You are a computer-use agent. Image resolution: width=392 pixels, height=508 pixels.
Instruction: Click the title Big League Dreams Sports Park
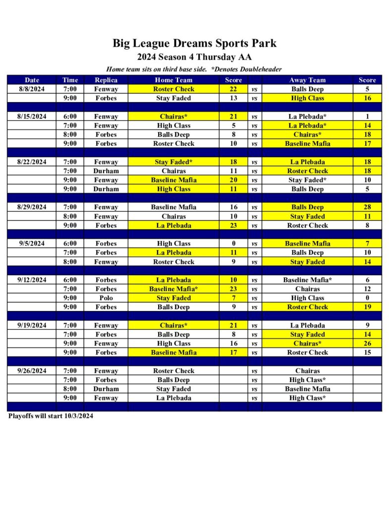tap(194, 43)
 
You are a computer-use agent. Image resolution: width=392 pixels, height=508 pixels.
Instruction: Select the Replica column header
tap(106, 80)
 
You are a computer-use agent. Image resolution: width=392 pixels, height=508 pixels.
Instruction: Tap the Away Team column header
tap(307, 80)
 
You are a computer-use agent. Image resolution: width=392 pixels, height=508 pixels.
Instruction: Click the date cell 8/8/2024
tap(32, 89)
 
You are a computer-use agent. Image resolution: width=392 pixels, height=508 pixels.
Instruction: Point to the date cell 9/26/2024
tap(32, 371)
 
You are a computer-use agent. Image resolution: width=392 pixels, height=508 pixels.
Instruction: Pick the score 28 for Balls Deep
tap(367, 207)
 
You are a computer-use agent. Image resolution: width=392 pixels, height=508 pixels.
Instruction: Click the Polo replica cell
tap(106, 298)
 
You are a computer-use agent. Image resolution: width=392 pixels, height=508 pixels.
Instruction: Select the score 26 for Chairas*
tap(367, 343)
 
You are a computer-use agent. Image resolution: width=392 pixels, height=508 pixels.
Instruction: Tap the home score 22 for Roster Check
tap(233, 89)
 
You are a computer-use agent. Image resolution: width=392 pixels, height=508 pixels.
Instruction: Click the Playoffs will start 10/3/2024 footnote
tap(51, 416)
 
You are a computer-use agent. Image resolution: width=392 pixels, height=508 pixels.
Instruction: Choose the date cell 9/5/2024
tap(32, 244)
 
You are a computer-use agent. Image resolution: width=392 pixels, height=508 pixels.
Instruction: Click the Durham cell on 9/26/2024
tap(106, 389)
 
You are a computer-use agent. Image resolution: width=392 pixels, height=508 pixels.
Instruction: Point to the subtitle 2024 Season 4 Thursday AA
tap(194, 57)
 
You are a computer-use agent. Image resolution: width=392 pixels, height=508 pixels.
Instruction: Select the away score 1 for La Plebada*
tap(367, 117)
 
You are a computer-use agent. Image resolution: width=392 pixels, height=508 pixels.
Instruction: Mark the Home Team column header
tap(173, 80)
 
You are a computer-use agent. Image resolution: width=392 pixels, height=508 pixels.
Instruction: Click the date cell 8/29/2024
tap(32, 207)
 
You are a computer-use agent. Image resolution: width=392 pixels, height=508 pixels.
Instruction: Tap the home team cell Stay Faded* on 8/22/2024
tap(173, 162)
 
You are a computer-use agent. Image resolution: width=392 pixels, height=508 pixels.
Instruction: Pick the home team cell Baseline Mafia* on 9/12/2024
tap(173, 289)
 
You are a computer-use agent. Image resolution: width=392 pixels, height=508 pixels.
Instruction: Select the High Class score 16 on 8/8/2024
tap(367, 98)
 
